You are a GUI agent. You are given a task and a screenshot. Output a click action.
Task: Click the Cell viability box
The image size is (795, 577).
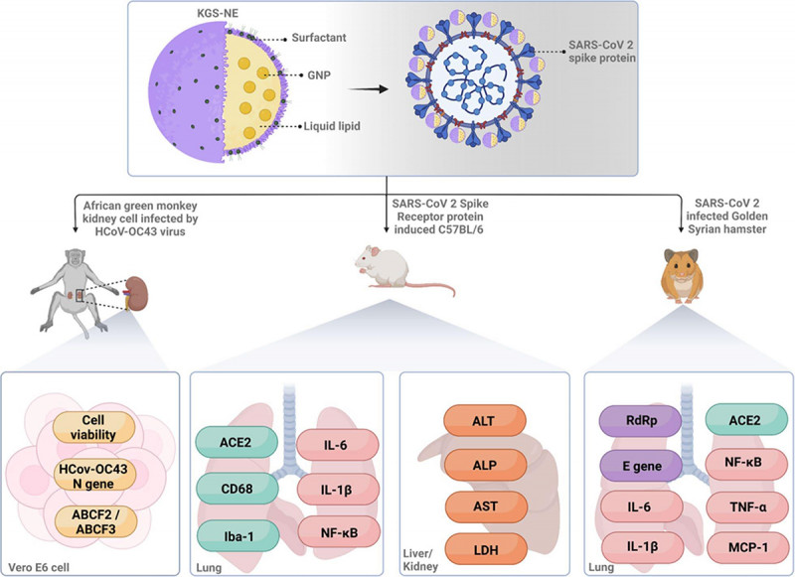click(93, 427)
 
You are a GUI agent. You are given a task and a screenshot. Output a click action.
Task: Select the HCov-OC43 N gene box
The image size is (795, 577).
click(93, 476)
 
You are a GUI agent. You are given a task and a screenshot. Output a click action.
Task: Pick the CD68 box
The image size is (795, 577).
click(238, 489)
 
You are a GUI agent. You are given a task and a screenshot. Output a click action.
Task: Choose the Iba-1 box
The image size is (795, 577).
click(238, 535)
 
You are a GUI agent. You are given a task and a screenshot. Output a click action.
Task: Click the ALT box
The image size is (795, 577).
click(484, 420)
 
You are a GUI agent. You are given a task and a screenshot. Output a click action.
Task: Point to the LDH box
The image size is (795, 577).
click(486, 548)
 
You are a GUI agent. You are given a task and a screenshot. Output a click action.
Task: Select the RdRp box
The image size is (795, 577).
click(640, 421)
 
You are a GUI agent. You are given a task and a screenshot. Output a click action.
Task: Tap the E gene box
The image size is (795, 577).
click(641, 466)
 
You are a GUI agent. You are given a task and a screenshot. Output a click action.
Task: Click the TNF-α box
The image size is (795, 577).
click(747, 507)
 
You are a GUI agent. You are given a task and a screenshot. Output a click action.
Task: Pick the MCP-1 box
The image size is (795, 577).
click(748, 547)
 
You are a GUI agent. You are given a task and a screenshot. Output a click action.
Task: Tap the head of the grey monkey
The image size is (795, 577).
click(76, 258)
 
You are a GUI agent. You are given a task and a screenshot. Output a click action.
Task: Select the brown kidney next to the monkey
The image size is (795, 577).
click(136, 291)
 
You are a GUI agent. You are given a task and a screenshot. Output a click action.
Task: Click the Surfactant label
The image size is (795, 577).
click(319, 38)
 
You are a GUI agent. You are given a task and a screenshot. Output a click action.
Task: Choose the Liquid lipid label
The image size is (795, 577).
click(332, 126)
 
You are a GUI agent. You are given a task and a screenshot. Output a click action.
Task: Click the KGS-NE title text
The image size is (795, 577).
click(218, 13)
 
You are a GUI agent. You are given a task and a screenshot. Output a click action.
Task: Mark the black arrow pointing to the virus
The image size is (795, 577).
click(368, 89)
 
